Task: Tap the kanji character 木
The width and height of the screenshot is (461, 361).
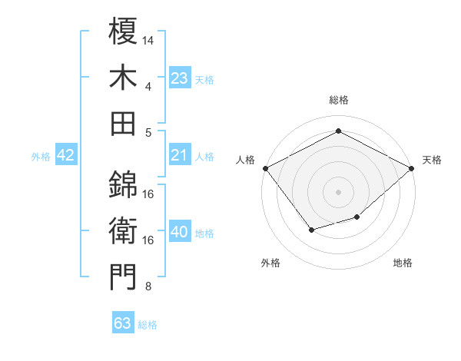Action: point(124,77)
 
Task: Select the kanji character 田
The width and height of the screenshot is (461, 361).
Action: point(124,123)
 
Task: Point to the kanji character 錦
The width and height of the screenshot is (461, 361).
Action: point(124,184)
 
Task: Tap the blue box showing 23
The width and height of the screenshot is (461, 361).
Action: point(180,78)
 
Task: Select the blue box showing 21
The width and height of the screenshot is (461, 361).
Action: point(180,156)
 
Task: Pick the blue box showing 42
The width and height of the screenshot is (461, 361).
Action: point(65,156)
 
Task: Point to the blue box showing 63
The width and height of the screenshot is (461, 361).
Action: point(123,323)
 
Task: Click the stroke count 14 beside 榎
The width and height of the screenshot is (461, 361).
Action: point(148,38)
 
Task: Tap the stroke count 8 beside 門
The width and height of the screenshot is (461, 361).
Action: point(148,287)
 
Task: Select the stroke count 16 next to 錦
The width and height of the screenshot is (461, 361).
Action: point(148,194)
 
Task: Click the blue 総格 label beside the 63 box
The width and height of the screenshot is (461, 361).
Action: point(148,325)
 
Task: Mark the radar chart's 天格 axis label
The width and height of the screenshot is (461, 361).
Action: point(432,160)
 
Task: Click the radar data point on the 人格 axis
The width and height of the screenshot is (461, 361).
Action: point(265,167)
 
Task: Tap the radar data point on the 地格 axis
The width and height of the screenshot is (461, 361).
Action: point(357,217)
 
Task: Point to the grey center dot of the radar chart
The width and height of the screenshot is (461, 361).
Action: point(338,191)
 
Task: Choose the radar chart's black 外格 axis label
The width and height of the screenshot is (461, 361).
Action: point(270,263)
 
